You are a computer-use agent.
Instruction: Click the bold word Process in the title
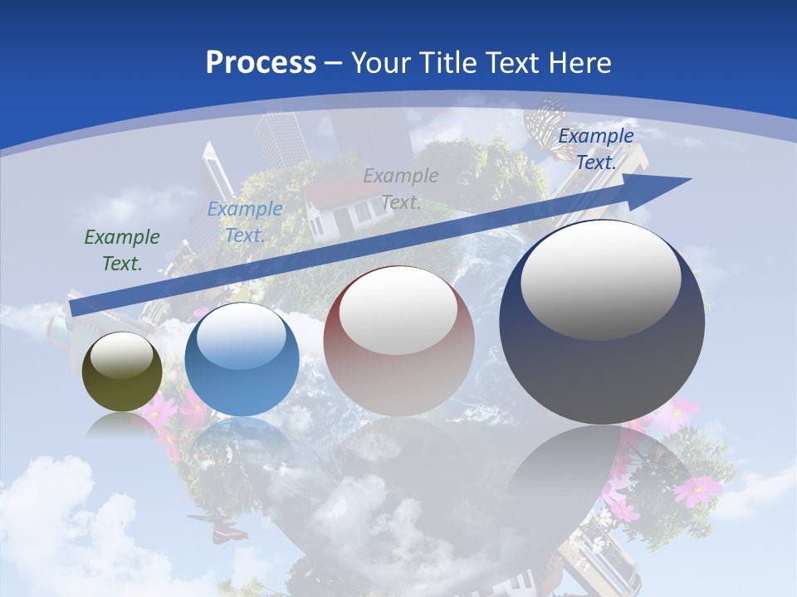click(261, 62)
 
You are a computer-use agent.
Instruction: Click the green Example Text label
click(122, 250)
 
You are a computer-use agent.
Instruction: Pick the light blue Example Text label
click(245, 222)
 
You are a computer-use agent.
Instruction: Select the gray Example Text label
click(401, 188)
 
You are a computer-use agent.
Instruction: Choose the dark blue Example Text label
click(595, 149)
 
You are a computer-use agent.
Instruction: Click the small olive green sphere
click(122, 372)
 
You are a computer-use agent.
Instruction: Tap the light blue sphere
click(242, 359)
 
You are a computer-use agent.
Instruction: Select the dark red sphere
click(398, 341)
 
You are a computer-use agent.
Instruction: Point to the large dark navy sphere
click(602, 322)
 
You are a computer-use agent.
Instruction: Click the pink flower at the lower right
click(697, 490)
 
